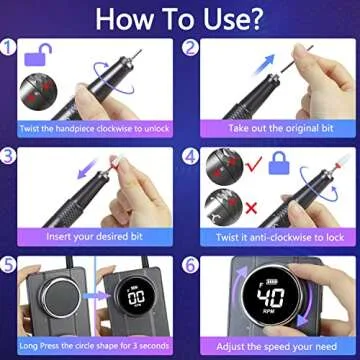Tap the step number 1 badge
(x=9, y=45)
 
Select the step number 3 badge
(x=9, y=156)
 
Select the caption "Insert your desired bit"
(x=90, y=237)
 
